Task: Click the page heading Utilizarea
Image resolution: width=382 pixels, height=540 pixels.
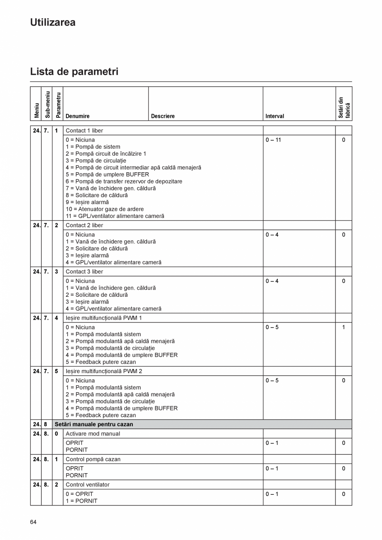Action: (53, 22)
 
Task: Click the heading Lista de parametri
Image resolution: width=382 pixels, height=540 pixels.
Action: (74, 71)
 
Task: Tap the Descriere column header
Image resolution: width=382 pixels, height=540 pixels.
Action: (163, 116)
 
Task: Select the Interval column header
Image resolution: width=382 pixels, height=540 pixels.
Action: (274, 116)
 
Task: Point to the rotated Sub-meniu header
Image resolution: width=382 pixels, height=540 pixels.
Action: (47, 105)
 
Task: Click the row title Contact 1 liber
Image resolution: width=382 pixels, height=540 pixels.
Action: (84, 130)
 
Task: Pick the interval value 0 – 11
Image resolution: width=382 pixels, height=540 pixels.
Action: (273, 140)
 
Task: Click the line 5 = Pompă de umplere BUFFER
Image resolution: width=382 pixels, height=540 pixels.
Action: (107, 174)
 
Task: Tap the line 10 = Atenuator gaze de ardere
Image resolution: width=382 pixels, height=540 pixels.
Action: (105, 209)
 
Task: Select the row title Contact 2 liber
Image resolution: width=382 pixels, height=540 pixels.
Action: (84, 225)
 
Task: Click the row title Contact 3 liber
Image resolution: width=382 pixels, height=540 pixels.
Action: (84, 271)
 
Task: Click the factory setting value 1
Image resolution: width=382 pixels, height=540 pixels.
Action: (343, 327)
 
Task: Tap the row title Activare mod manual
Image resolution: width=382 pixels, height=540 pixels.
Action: (93, 433)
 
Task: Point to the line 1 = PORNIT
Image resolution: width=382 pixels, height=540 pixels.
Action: (81, 501)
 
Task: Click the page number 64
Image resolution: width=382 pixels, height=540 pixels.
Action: (33, 522)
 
